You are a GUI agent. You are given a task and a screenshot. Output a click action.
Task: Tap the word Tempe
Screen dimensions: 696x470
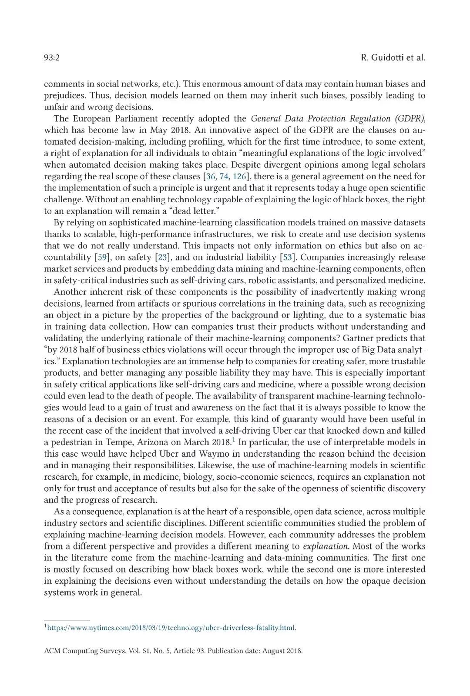(121, 442)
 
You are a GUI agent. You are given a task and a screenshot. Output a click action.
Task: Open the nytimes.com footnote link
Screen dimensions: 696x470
(171, 628)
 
